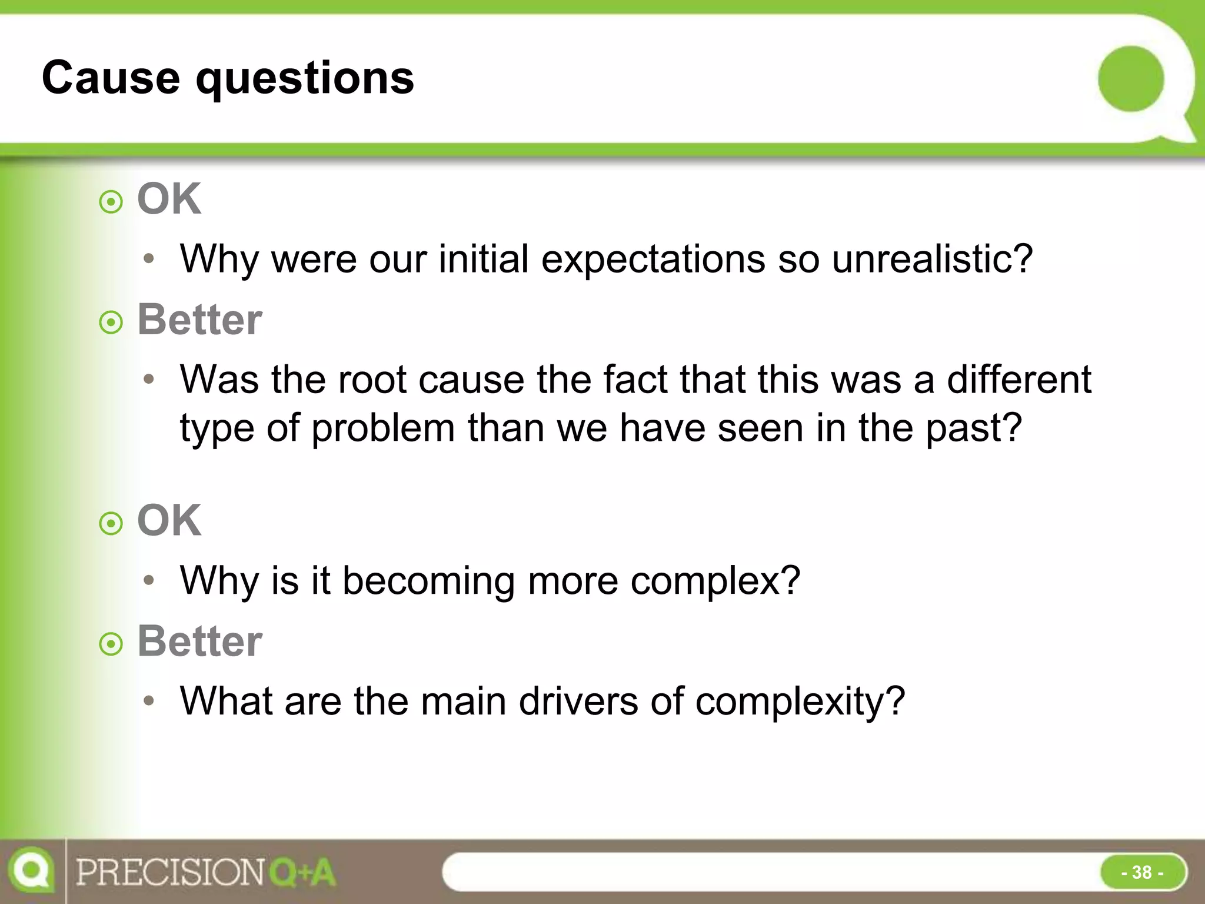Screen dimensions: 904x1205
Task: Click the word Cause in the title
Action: coord(111,78)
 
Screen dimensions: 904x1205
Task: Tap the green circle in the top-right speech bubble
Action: coord(1130,79)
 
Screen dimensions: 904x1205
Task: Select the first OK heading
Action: coord(169,199)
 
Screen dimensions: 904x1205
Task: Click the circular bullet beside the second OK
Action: coord(111,523)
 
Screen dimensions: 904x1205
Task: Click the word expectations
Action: coord(653,260)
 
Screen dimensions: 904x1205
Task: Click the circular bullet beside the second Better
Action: coord(111,644)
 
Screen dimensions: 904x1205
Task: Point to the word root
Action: coord(372,379)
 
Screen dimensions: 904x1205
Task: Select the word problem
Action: coord(383,428)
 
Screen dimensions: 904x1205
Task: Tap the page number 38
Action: coord(1141,872)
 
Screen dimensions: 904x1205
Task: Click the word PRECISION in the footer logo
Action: coord(171,872)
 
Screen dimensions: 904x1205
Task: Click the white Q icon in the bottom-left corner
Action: coord(31,870)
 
